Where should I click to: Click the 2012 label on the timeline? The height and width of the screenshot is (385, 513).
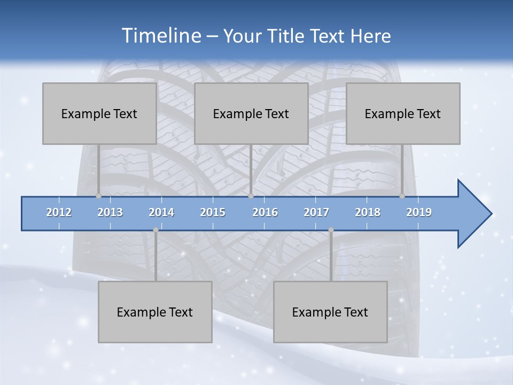tap(59, 212)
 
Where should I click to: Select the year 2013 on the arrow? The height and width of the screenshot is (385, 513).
tap(110, 212)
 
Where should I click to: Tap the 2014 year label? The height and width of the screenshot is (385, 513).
tap(161, 212)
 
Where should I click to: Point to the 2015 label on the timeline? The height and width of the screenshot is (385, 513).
tap(213, 212)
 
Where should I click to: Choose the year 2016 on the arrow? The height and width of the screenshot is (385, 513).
tap(265, 212)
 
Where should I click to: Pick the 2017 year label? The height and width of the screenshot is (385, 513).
tap(316, 212)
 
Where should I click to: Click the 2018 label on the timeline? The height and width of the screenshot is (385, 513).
tap(368, 212)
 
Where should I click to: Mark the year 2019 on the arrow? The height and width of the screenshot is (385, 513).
tap(419, 212)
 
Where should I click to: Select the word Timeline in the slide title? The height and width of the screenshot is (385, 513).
tap(160, 36)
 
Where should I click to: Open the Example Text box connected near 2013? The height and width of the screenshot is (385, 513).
tap(99, 113)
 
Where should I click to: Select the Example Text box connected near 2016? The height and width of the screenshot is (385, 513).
tap(251, 113)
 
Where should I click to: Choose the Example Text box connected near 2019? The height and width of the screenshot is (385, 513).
tap(403, 113)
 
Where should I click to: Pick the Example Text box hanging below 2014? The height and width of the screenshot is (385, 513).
tap(155, 312)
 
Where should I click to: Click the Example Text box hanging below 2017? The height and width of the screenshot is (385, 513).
tap(330, 312)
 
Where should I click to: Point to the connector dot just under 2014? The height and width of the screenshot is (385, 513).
tap(156, 230)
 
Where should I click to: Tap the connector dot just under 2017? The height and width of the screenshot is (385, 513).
tap(331, 230)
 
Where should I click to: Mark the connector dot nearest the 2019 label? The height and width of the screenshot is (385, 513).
tap(402, 196)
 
